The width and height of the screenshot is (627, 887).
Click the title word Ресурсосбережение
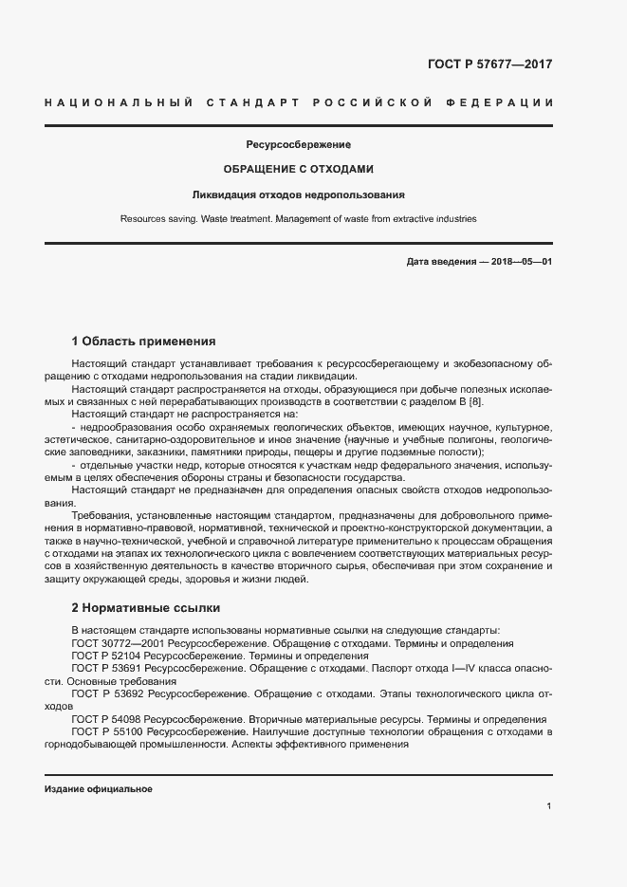click(x=299, y=145)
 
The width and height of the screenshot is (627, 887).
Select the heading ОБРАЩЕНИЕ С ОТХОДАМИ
click(x=298, y=170)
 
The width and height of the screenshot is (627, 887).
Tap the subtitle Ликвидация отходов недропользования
click(x=299, y=194)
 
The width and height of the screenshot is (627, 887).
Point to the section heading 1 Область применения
click(x=144, y=341)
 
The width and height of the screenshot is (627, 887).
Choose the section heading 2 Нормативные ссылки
click(x=145, y=607)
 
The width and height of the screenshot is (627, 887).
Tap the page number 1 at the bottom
click(x=549, y=806)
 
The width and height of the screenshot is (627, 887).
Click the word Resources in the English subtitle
click(x=144, y=219)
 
